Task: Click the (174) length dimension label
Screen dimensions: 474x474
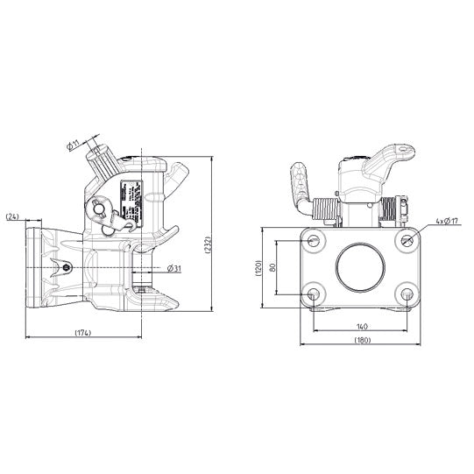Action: coord(84,334)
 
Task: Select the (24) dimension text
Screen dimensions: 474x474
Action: coord(13,216)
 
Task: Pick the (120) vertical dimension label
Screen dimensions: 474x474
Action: coord(259,266)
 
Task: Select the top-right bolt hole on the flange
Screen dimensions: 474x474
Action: coord(407,240)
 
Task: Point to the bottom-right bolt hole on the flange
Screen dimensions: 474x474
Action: coord(407,293)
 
